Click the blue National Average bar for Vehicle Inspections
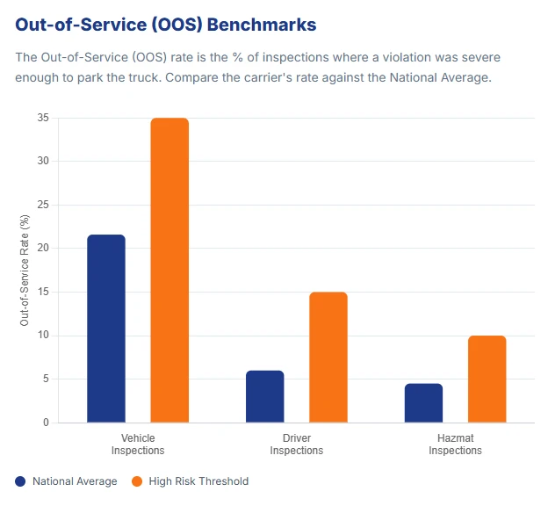coord(106,329)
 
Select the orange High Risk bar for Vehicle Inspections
coord(169,271)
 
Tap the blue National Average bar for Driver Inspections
coord(264,396)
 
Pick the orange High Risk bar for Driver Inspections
coord(328,358)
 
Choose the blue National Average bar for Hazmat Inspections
coord(423,403)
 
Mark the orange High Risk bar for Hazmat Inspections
coord(487,379)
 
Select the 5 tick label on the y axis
coord(45,379)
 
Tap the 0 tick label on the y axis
coord(45,423)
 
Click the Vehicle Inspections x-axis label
coord(138,444)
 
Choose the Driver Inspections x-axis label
coord(296,444)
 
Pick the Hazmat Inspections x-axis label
coord(455,444)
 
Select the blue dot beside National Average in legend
coord(20,481)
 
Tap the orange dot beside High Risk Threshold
coord(136,481)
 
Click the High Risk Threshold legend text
coord(198,481)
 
